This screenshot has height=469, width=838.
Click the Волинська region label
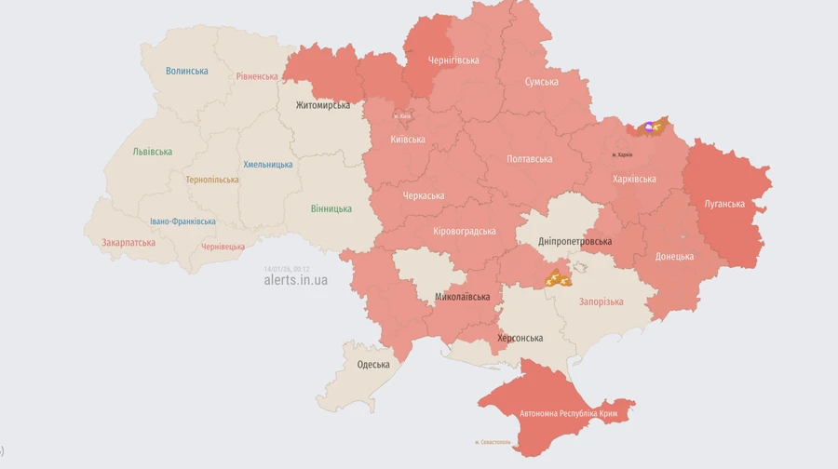186,71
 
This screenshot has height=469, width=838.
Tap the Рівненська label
256,76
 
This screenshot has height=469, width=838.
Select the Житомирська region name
323,105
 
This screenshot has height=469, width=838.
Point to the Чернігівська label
453,60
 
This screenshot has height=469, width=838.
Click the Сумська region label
542,82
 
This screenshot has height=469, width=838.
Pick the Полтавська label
529,159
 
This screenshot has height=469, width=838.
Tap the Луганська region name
724,204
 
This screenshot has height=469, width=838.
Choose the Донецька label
674,256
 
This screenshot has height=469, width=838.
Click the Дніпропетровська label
574,242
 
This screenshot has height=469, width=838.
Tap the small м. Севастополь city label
494,441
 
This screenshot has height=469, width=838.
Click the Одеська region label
373,364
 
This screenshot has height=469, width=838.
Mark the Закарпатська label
128,242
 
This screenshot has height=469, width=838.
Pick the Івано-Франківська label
182,221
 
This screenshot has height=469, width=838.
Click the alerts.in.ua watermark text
295,280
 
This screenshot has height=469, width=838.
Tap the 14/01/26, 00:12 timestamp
286,269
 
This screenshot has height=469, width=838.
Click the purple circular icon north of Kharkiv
649,127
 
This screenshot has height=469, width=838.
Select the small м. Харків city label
622,154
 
